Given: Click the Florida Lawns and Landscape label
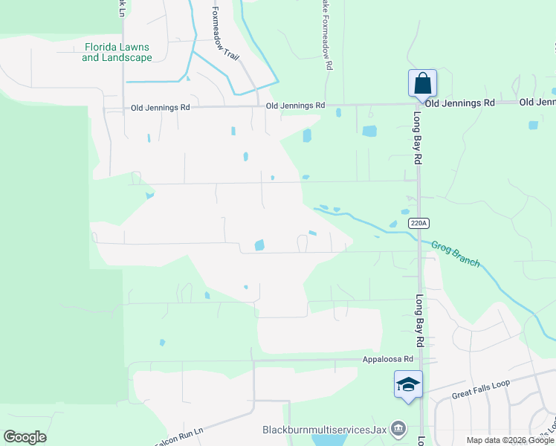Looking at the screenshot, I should click(117, 52).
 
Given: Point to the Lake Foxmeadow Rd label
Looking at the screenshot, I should click(326, 33).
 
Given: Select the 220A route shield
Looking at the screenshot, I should click(419, 222).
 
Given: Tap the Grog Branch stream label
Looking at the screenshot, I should click(456, 253).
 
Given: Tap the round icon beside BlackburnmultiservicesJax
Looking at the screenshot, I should click(398, 429).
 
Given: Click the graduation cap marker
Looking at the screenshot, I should click(408, 384).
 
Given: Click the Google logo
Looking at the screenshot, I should click(25, 437).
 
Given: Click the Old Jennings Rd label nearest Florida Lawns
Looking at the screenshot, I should click(161, 107).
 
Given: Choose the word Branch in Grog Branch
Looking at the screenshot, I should click(466, 258).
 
